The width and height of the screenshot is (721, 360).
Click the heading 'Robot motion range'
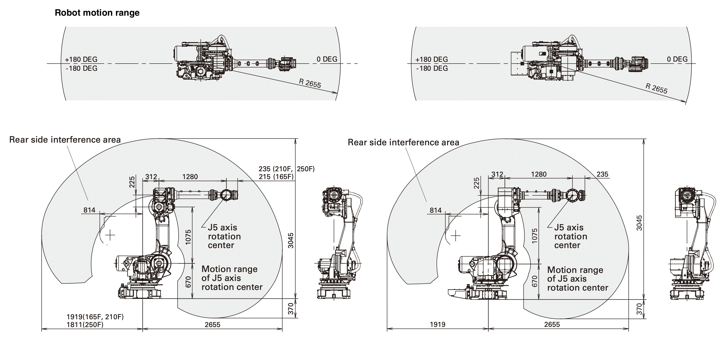click(x=97, y=13)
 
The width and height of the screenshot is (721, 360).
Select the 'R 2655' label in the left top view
click(x=310, y=83)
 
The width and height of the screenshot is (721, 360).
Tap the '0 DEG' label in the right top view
click(x=677, y=59)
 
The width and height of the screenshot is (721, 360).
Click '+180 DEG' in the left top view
click(x=81, y=59)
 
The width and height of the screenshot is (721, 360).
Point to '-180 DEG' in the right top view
click(x=432, y=68)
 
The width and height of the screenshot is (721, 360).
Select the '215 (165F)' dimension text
click(x=276, y=177)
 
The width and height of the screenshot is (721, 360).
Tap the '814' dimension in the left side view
click(x=89, y=210)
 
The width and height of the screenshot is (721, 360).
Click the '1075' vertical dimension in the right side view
click(x=535, y=236)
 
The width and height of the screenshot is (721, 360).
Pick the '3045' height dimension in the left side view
click(x=291, y=240)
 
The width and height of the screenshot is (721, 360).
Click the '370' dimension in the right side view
click(x=639, y=309)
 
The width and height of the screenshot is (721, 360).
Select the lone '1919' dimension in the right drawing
click(x=438, y=324)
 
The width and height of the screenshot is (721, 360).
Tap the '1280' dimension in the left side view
click(x=190, y=177)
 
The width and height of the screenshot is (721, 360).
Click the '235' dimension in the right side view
click(x=602, y=174)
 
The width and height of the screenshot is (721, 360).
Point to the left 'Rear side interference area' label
click(x=65, y=139)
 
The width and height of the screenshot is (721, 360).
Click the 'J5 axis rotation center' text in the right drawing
click(x=570, y=236)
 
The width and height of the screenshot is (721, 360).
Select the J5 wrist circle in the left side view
click(x=226, y=195)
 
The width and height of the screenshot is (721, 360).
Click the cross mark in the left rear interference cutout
click(x=110, y=235)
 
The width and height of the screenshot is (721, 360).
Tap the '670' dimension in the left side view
click(x=188, y=282)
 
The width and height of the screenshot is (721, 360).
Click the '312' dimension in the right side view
click(x=497, y=174)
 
